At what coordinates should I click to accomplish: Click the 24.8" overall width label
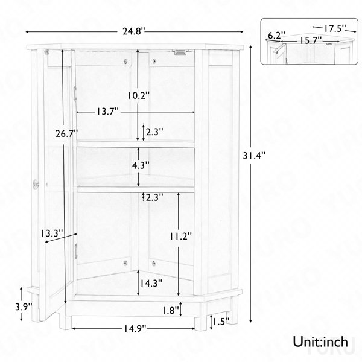point(134,31)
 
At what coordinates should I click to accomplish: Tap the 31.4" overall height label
point(255,156)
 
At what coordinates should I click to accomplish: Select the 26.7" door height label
point(67,133)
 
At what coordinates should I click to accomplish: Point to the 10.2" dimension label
point(139,95)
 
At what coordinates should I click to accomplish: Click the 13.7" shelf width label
point(107,112)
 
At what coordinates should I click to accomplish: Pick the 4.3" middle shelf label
point(141,165)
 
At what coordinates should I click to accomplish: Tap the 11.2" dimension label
point(181,236)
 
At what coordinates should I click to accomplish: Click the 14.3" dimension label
point(151,283)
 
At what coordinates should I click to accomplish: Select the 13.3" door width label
point(52,233)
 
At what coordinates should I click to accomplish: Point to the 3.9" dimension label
point(24,307)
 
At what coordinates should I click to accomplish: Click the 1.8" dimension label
point(171,311)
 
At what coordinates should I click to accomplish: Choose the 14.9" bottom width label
point(135,329)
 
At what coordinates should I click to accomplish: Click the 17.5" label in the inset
point(334,28)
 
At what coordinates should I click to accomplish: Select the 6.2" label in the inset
point(276,36)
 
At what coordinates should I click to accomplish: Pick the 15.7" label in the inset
point(311,40)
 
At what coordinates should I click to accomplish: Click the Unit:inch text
point(320,341)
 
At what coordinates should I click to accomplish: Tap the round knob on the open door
point(36,184)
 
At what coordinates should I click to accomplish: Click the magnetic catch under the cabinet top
point(180,52)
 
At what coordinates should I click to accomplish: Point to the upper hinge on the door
point(75,94)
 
